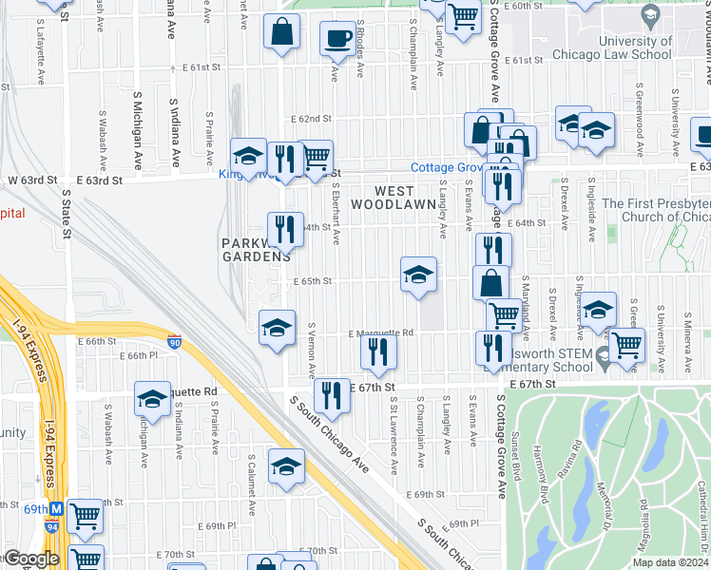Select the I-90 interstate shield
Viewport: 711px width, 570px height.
[x=174, y=340]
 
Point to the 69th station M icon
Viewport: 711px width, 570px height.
[x=57, y=509]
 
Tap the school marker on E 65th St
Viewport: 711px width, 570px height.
[x=418, y=275]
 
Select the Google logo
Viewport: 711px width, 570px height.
[x=30, y=559]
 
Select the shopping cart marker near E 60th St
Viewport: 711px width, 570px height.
[x=463, y=15]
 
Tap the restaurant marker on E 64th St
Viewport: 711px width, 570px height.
[x=284, y=229]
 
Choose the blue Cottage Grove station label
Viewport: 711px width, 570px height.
[x=447, y=167]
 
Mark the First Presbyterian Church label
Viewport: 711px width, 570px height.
[x=657, y=210]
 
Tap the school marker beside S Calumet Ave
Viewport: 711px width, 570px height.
[x=285, y=466]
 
